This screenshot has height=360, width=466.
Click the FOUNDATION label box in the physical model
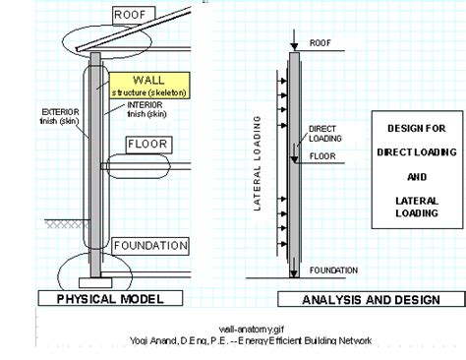click(148, 245)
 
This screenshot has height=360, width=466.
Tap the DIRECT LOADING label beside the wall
click(323, 134)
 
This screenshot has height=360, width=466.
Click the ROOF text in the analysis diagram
click(321, 43)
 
